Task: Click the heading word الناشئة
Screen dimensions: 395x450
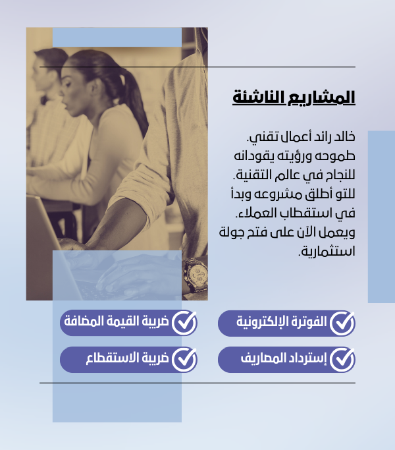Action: click(x=258, y=98)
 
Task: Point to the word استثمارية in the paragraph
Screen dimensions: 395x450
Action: click(x=327, y=251)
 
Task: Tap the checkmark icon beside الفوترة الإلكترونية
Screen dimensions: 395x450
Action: click(x=342, y=323)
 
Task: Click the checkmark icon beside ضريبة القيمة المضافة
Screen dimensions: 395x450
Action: click(x=184, y=323)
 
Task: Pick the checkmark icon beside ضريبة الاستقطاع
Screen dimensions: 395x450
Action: click(x=184, y=359)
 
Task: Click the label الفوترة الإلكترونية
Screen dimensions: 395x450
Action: click(x=281, y=322)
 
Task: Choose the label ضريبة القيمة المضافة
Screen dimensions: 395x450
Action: click(x=116, y=321)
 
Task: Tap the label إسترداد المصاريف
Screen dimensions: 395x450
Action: click(x=284, y=358)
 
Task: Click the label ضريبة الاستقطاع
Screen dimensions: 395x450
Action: click(x=127, y=358)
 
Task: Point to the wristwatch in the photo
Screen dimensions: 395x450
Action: click(x=196, y=275)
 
